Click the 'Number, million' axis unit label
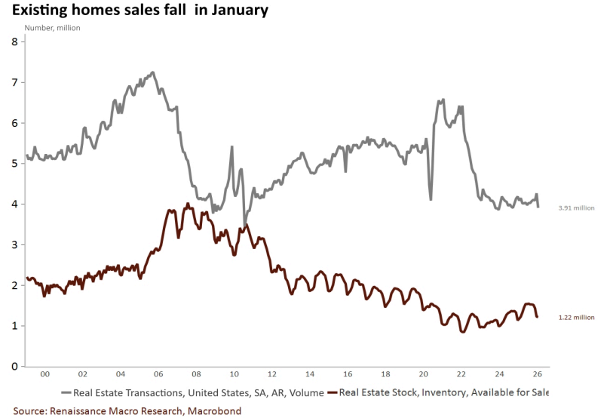coord(53,28)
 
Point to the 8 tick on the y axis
coord(14,41)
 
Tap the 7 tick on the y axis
coord(14,82)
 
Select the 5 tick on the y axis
coord(14,163)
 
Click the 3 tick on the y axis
coord(14,244)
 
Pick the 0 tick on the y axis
coord(14,367)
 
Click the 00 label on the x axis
coord(44,375)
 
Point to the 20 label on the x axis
coord(423,375)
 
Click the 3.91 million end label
coord(575,207)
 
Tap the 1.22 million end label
coord(575,318)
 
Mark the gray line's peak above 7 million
coord(153,72)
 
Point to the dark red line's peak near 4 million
coord(187,204)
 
